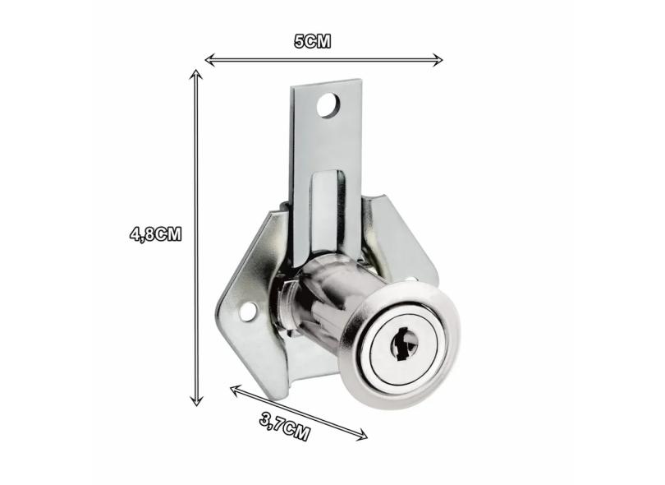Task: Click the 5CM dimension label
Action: tap(312, 42)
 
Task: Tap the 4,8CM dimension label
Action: tap(156, 234)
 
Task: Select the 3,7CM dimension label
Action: tap(285, 427)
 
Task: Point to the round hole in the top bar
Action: tap(328, 105)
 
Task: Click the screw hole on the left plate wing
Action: tap(249, 312)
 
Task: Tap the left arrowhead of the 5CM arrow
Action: tap(210, 60)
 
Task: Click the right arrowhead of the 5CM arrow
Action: tap(437, 60)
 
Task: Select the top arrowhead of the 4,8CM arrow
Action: tap(195, 76)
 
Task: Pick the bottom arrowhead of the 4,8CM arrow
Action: tap(195, 400)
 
